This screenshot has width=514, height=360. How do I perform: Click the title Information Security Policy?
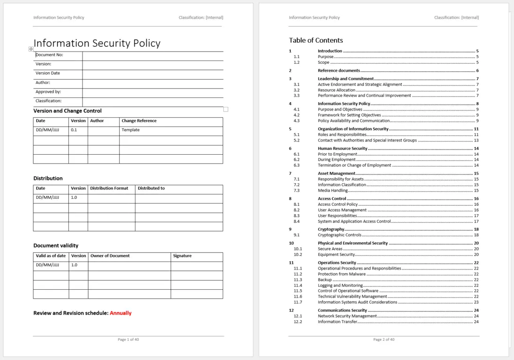97,43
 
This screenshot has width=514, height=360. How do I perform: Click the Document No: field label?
50,55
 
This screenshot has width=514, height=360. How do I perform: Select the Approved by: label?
48,92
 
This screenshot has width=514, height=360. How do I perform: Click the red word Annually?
121,313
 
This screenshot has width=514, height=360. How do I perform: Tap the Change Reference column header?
139,121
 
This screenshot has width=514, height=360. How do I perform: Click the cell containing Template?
130,130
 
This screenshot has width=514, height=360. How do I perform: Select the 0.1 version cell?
74,130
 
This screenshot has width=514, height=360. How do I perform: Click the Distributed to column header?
151,188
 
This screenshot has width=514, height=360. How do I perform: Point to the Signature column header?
182,256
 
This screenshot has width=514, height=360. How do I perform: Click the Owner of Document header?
110,256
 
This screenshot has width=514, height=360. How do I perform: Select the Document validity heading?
56,246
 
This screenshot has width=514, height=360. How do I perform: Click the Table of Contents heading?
316,40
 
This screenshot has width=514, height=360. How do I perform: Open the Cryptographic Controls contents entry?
340,235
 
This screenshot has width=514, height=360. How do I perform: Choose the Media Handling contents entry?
333,190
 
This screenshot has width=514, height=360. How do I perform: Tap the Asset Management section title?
336,173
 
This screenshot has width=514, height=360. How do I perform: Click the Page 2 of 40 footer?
384,339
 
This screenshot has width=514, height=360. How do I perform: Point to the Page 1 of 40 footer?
128,339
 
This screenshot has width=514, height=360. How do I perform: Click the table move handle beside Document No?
31,49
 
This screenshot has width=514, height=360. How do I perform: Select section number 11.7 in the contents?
298,302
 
